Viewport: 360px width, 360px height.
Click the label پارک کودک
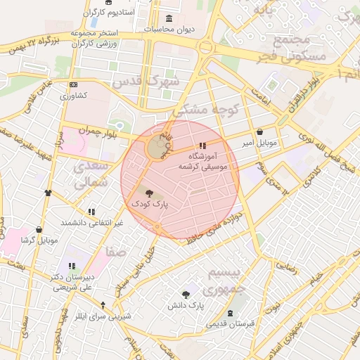pyautogui.click(x=149, y=203)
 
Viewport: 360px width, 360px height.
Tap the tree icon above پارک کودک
pyautogui.click(x=148, y=192)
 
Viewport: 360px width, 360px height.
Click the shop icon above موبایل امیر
pyautogui.click(x=260, y=131)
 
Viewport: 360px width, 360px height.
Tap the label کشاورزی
pyautogui.click(x=73, y=95)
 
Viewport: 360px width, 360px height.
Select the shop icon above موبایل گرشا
pyautogui.click(x=38, y=229)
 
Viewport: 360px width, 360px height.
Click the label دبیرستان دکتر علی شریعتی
pyautogui.click(x=72, y=282)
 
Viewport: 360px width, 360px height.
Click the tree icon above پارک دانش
pyautogui.click(x=186, y=295)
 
